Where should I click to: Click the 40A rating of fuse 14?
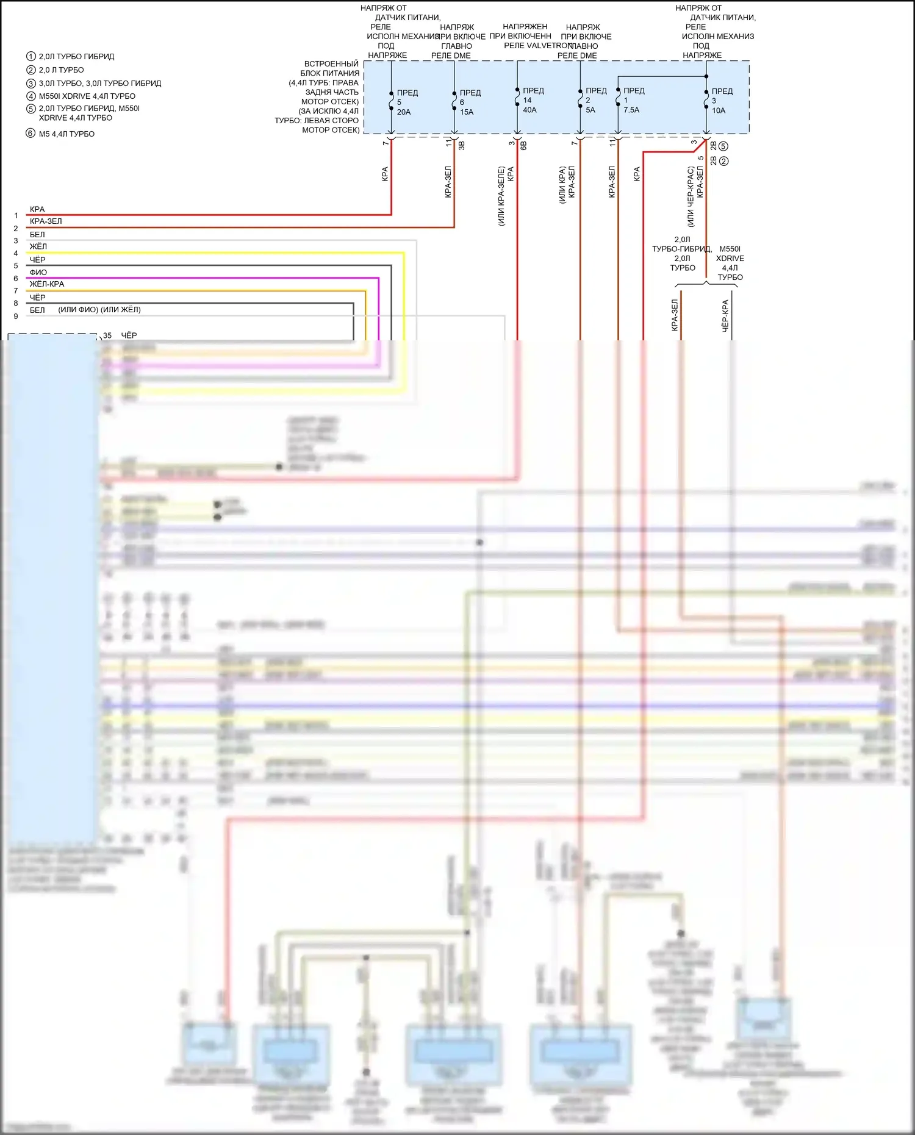529,110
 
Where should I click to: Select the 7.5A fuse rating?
631,110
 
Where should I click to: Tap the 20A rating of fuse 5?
404,112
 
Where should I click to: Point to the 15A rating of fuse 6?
467,112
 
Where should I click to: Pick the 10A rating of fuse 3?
719,111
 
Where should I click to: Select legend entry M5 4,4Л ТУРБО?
66,134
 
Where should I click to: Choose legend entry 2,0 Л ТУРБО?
61,70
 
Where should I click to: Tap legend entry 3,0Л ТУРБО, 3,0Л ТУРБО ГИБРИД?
100,84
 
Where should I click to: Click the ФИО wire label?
38,273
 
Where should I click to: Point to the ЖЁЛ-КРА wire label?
47,284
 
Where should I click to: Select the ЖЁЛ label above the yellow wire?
38,247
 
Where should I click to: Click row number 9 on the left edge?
16,317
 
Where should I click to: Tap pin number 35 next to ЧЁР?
107,335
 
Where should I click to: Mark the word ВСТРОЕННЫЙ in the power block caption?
331,64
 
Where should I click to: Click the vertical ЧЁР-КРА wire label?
725,315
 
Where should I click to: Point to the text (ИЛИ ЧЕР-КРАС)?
691,196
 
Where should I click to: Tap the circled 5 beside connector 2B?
723,146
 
